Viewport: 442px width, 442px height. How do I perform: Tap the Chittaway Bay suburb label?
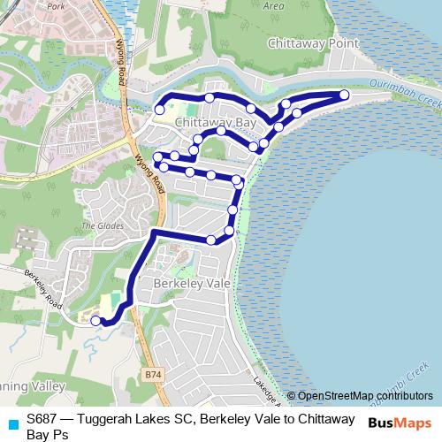coord(216,122)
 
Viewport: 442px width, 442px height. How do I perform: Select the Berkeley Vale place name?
coord(192,284)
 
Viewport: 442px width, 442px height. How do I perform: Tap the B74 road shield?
coord(153,375)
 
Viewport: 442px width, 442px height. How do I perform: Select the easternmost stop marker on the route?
coord(344,95)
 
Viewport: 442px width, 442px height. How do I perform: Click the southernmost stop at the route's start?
coord(95,322)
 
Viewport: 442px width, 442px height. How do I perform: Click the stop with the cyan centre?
coord(159,110)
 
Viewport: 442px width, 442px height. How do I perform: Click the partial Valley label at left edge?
coord(35,386)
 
